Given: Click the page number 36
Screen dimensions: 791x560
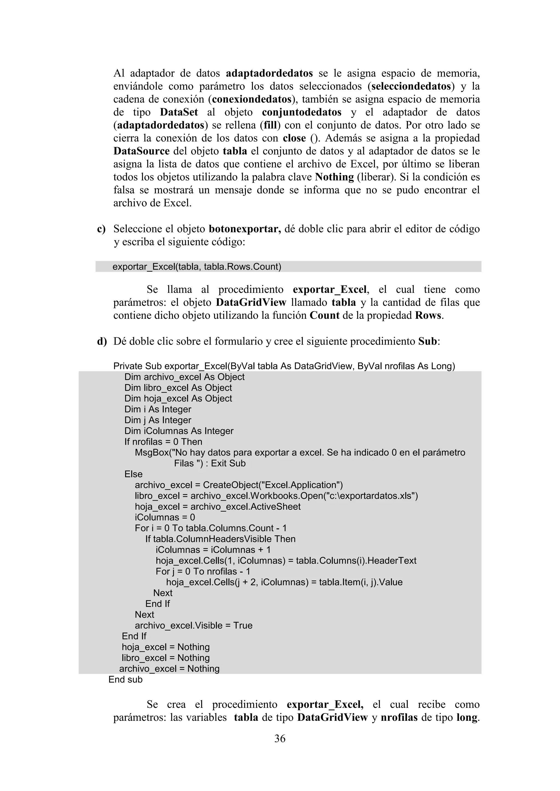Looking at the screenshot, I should [280, 738].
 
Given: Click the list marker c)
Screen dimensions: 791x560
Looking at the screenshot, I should [101, 229].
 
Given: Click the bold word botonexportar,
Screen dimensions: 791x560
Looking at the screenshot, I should [245, 229].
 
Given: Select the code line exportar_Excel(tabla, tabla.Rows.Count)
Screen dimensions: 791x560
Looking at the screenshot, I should [197, 267].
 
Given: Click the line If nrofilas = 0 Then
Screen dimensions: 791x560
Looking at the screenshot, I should [163, 442].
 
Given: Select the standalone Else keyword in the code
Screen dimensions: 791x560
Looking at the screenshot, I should [133, 474].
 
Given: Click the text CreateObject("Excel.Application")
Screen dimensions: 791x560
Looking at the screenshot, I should [272, 485].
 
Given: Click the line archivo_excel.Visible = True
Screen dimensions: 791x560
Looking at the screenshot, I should [193, 625].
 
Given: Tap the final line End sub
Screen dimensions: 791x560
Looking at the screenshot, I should [125, 679].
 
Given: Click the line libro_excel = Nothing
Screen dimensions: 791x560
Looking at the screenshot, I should [165, 658].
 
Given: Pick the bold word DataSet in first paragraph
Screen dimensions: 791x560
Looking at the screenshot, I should [179, 112].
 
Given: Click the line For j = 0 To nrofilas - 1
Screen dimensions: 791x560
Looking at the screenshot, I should [203, 571].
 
